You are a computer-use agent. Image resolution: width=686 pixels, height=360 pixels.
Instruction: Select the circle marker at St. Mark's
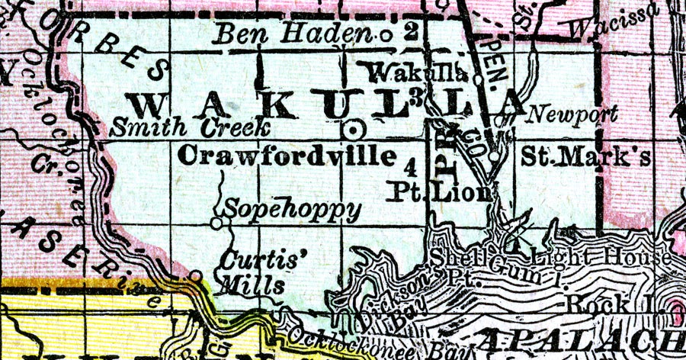[x=496, y=156]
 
